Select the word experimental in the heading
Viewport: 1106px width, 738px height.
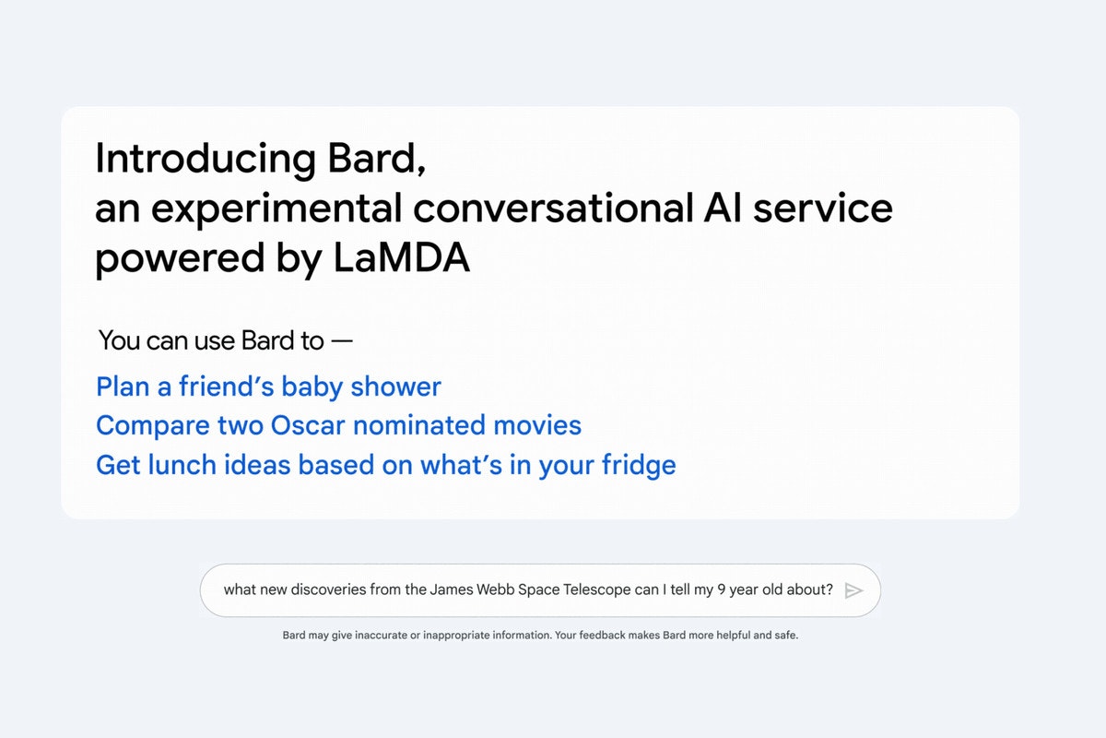pyautogui.click(x=276, y=210)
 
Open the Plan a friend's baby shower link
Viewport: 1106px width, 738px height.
pyautogui.click(x=268, y=387)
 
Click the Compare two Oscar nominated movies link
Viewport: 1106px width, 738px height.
pyautogui.click(x=338, y=425)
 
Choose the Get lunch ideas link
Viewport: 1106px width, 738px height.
pyautogui.click(x=385, y=465)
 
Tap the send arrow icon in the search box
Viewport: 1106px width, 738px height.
pyautogui.click(x=853, y=590)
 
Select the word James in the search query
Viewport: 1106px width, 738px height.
pyautogui.click(x=452, y=590)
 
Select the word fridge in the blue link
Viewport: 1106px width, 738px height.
pyautogui.click(x=643, y=465)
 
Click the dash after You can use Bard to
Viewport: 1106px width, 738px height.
pyautogui.click(x=342, y=341)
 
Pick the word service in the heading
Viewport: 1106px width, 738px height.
pyautogui.click(x=822, y=209)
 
